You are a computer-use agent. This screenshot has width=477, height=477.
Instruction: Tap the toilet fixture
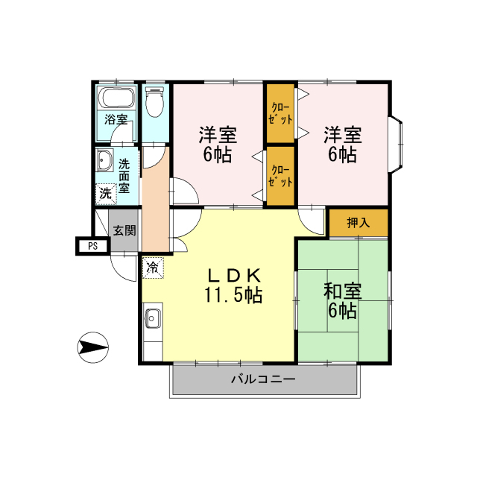tap(155, 101)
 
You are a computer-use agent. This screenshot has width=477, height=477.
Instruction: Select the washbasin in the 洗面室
tap(105, 160)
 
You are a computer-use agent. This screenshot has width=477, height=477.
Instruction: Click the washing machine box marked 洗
tap(106, 194)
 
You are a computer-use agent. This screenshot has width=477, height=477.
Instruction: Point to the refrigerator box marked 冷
tap(153, 268)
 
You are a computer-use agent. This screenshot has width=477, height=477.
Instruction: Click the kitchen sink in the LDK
tap(153, 318)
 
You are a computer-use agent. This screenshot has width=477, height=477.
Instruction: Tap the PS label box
tap(92, 246)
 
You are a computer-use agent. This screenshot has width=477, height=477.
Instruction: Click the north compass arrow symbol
tap(92, 347)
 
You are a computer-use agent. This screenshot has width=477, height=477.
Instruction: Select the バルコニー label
tap(263, 379)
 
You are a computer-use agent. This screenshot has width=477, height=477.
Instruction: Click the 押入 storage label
tap(358, 223)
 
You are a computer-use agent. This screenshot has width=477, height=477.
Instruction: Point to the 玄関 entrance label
tap(124, 230)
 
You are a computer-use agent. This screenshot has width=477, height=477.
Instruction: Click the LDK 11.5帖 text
tap(233, 285)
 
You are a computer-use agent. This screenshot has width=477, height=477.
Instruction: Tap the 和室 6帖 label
tap(343, 301)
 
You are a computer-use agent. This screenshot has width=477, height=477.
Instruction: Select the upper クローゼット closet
tap(280, 113)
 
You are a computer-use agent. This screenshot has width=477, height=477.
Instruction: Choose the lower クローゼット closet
tap(280, 176)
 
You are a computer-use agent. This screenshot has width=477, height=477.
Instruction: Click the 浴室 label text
tap(116, 119)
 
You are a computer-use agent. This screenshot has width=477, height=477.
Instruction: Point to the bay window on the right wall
tap(397, 144)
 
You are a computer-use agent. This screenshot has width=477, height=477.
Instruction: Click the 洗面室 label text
tap(124, 176)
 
